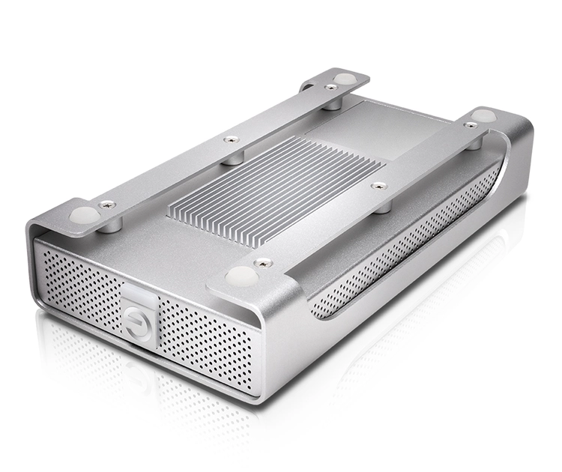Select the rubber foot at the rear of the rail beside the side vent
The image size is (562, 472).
484,115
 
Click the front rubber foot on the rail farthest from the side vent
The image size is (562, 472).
83,214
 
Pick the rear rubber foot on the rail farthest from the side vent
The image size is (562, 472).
344,79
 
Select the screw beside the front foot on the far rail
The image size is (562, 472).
108,203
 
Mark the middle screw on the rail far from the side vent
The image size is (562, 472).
231,139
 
